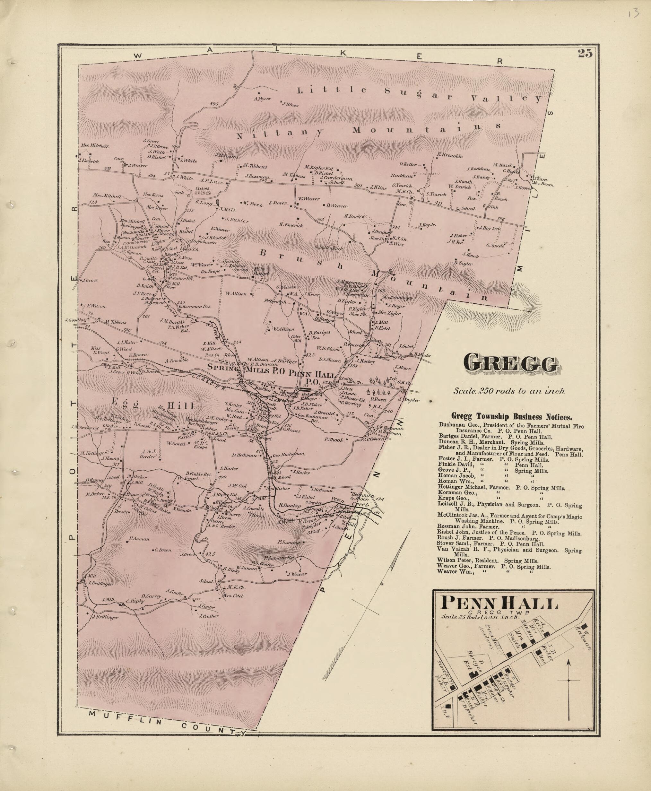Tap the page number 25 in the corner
point(585,53)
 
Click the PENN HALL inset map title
point(499,604)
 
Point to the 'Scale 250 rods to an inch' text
point(509,391)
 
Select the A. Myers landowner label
point(262,99)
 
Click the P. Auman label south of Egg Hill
point(139,539)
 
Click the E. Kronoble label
point(450,155)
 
